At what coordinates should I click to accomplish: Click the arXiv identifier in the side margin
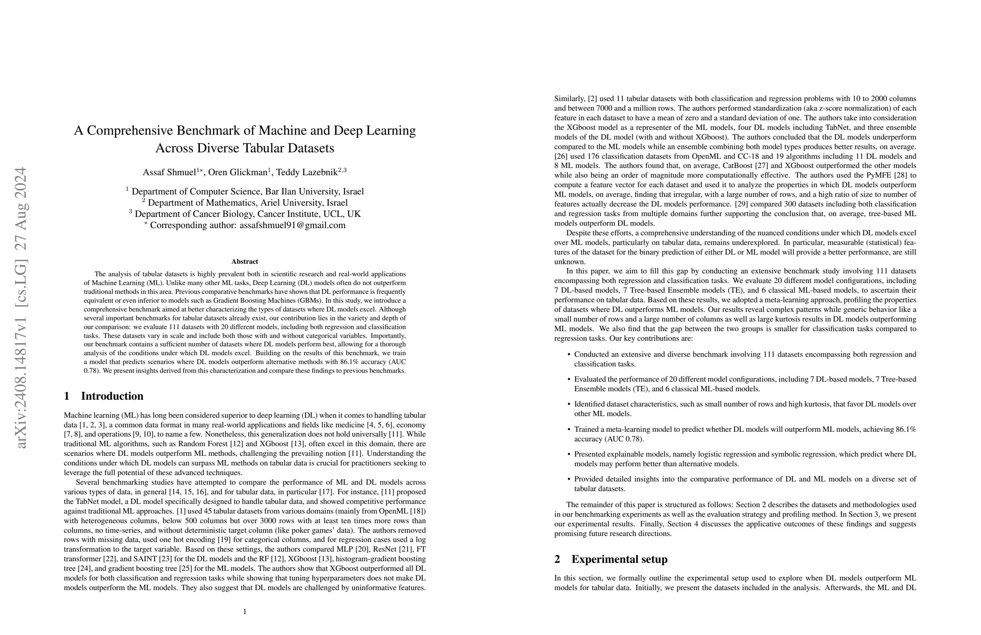point(20,307)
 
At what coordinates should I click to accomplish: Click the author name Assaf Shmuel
point(169,172)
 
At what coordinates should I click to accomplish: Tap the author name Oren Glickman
point(238,172)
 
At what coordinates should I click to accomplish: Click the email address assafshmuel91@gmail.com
point(292,225)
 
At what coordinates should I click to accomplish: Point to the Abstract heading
point(245,261)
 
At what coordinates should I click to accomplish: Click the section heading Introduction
point(112,396)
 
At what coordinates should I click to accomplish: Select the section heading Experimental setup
point(619,560)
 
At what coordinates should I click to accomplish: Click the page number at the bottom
point(245,611)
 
